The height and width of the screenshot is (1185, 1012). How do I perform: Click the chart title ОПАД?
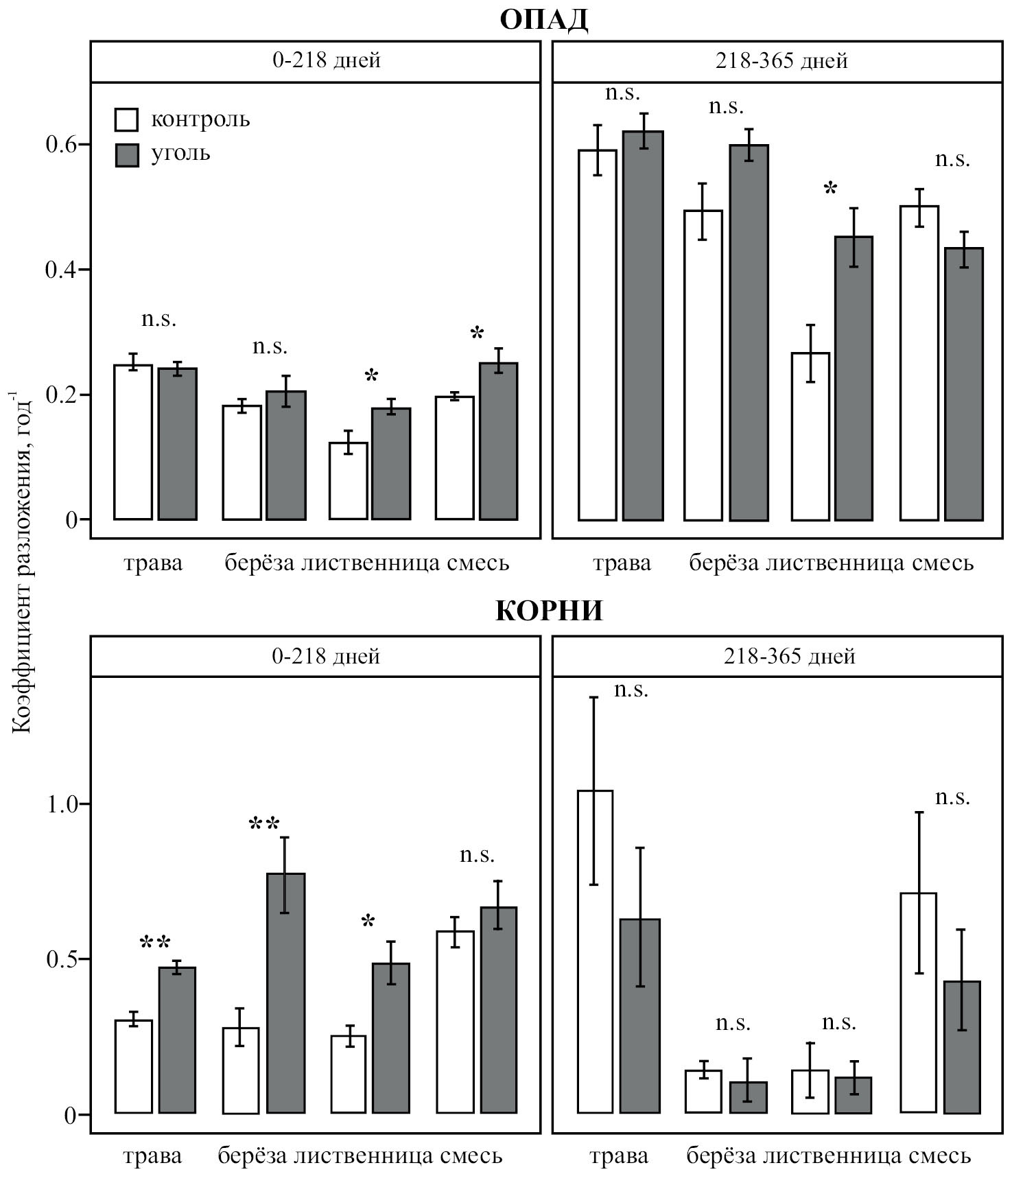coord(543,20)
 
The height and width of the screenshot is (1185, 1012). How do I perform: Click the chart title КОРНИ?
coord(549,610)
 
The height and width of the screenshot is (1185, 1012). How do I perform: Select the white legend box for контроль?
coord(127,119)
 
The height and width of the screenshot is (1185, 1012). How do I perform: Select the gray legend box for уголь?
coord(127,154)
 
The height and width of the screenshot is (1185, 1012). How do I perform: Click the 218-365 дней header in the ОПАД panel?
coord(781,61)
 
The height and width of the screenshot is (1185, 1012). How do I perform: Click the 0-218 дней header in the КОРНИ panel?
coord(326,657)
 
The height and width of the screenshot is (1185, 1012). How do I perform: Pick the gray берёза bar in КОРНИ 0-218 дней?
coord(285,994)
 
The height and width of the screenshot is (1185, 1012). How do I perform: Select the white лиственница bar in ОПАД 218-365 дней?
coord(810,436)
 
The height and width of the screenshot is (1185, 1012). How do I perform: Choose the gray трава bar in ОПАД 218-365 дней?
coord(643,326)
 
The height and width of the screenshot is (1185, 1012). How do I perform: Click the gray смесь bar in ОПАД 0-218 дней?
coord(498,441)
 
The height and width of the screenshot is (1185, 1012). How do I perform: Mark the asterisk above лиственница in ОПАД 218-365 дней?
coord(830,189)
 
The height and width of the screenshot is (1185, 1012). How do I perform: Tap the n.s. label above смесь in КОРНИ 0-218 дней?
coord(477,855)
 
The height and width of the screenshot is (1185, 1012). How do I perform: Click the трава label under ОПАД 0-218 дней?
coord(153,563)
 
